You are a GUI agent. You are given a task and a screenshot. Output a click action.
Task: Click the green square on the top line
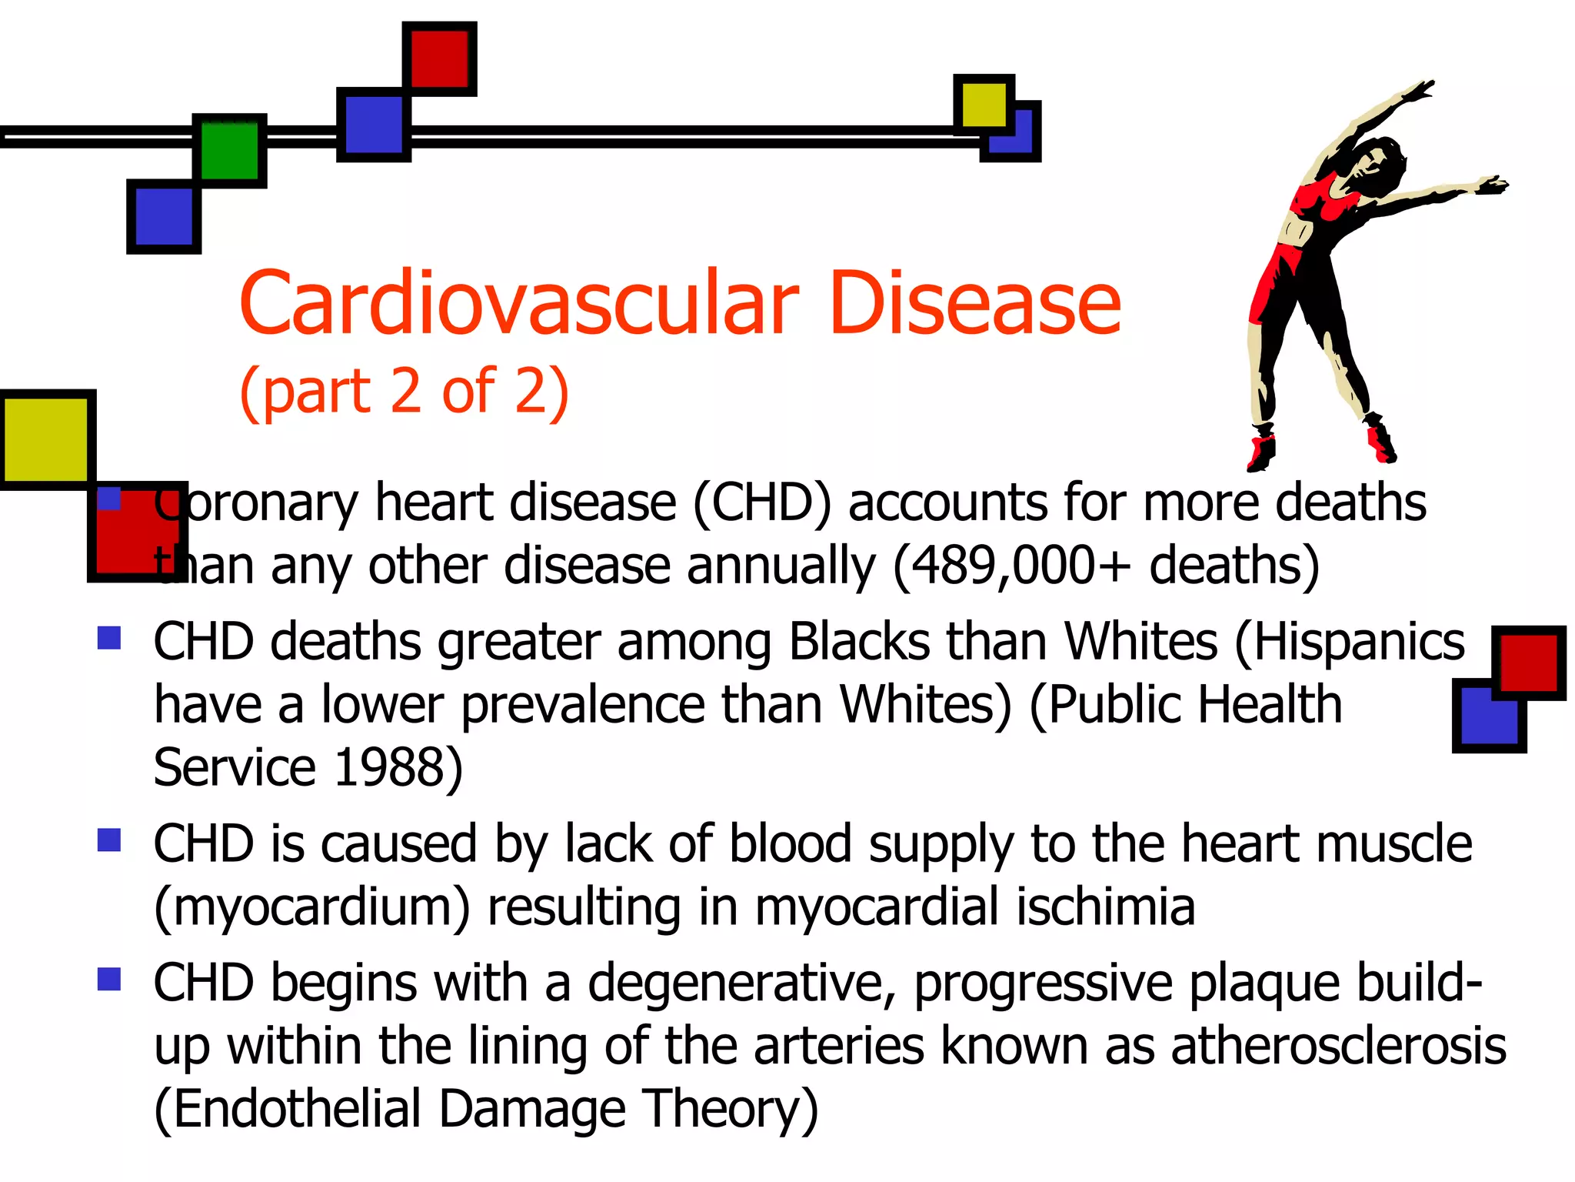(229, 151)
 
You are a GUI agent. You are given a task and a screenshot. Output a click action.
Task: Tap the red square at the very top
(439, 58)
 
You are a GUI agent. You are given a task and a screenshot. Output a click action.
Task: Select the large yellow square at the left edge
(47, 439)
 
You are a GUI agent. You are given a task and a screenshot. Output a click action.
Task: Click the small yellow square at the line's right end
(983, 104)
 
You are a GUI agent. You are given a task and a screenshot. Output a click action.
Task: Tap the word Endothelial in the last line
(297, 1109)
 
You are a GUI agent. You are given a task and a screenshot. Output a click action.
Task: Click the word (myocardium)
(312, 908)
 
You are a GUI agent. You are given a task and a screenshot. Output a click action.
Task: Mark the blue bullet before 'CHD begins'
(109, 979)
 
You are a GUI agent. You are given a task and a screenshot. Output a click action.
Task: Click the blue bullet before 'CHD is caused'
(109, 840)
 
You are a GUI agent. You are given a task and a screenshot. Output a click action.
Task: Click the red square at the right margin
(1528, 663)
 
